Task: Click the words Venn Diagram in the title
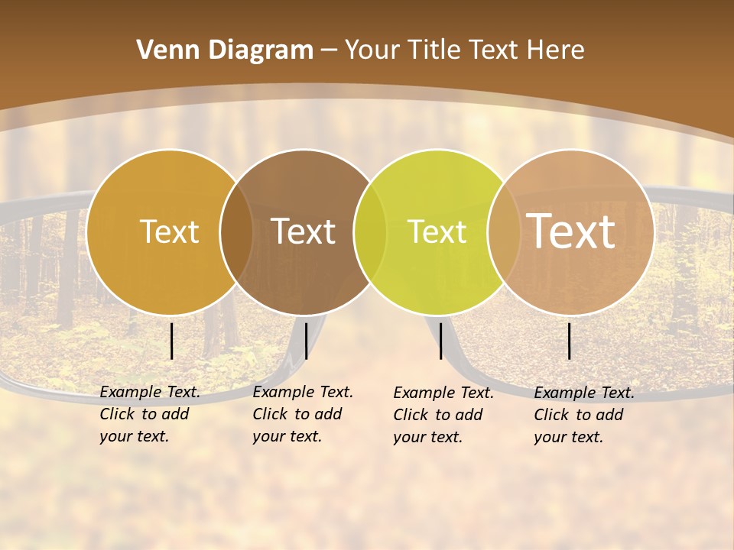point(225,50)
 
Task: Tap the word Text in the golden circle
point(169,231)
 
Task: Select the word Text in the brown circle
point(303,231)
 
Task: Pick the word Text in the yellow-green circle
point(437,231)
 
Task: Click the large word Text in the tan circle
point(571,231)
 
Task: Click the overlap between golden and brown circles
point(236,231)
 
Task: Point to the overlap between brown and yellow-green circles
point(370,231)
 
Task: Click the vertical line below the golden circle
point(172,341)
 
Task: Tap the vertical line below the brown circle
point(306,341)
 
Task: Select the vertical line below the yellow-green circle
point(440,341)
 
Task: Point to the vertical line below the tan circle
point(570,341)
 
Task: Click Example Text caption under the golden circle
point(150,392)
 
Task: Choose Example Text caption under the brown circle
point(303,392)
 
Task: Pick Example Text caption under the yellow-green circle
point(443,393)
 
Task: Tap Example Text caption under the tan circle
point(584,393)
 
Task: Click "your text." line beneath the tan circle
point(568,437)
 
